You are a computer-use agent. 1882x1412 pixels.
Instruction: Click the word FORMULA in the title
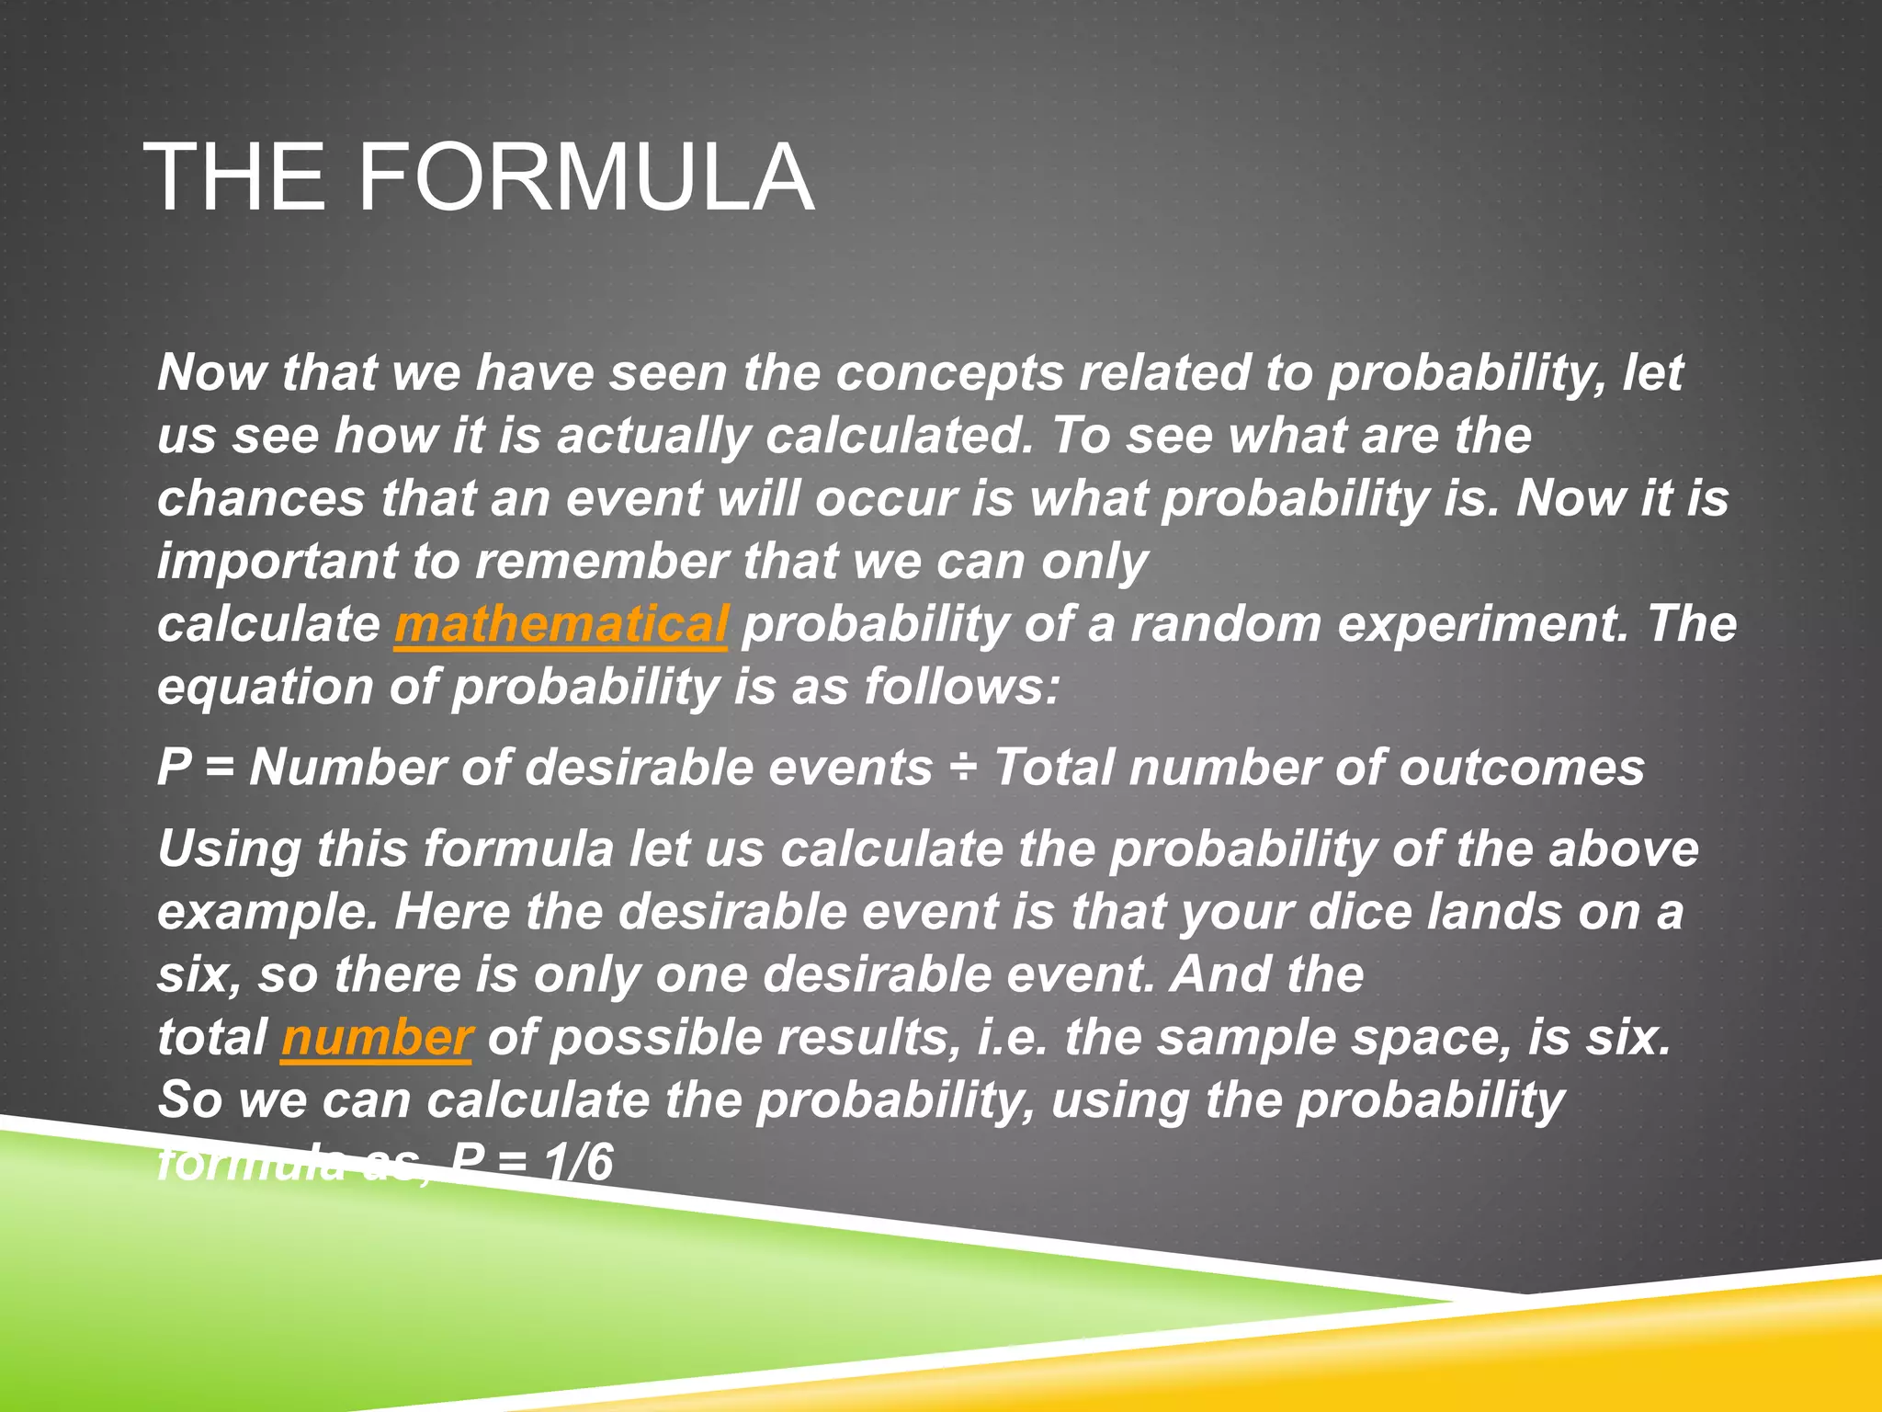[x=584, y=176]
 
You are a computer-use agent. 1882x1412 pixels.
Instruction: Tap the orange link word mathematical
[x=561, y=624]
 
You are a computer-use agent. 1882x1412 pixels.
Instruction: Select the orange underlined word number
[x=377, y=1038]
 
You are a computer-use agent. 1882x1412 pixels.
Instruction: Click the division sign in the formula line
[x=962, y=768]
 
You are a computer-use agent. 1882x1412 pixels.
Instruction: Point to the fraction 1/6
[x=577, y=1162]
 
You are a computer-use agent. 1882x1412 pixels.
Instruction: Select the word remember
[x=601, y=562]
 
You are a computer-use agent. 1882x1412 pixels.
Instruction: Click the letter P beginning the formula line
[x=174, y=768]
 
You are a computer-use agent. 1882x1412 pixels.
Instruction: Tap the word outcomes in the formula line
[x=1521, y=768]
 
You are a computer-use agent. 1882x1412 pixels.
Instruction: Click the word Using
[x=229, y=848]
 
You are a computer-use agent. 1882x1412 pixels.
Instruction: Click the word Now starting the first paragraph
[x=211, y=373]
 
